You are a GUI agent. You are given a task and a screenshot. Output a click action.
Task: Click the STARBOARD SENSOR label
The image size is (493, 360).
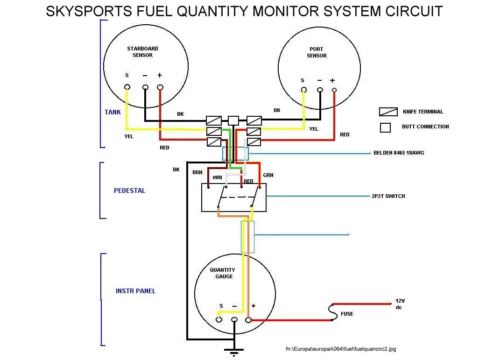click(142, 52)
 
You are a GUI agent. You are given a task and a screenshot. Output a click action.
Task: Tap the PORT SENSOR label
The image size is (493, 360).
click(317, 52)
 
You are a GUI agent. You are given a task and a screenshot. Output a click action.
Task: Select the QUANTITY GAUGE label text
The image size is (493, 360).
click(222, 273)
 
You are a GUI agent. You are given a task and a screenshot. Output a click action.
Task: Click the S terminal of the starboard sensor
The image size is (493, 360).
click(127, 87)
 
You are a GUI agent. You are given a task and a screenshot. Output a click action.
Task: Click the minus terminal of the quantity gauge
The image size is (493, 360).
click(234, 320)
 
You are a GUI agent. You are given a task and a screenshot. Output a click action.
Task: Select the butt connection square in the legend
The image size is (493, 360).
click(385, 127)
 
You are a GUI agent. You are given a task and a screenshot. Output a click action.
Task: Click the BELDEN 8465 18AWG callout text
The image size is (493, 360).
click(399, 153)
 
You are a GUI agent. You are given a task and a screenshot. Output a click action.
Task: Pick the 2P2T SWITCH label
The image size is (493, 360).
click(386, 196)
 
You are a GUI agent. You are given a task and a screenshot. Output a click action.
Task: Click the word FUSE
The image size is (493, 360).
click(347, 314)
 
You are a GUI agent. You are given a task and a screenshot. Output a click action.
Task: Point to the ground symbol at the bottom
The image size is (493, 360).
click(234, 351)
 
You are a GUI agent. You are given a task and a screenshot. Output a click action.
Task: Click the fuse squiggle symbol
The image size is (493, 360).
click(332, 311)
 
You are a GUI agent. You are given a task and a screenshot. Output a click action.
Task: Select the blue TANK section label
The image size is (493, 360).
click(113, 112)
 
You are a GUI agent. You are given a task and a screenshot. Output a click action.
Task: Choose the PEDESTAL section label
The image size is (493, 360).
click(129, 191)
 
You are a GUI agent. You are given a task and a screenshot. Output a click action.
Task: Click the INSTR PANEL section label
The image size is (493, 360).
click(135, 291)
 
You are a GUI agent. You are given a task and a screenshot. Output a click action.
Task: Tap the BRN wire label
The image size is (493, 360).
click(197, 172)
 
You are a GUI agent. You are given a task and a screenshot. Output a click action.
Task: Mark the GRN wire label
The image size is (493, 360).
click(268, 175)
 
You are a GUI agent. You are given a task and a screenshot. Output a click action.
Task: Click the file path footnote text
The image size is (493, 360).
click(341, 349)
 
